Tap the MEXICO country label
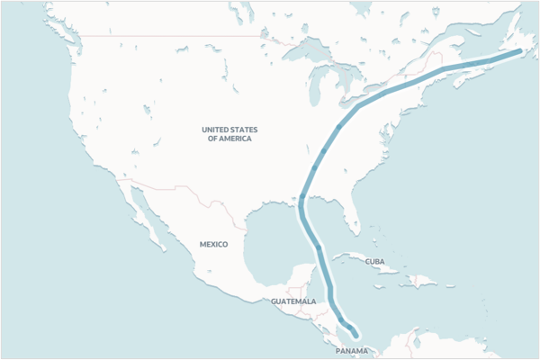click(213, 244)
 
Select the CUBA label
click(375, 261)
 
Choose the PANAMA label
click(351, 349)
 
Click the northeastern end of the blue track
click(519, 52)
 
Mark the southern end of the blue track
click(356, 336)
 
